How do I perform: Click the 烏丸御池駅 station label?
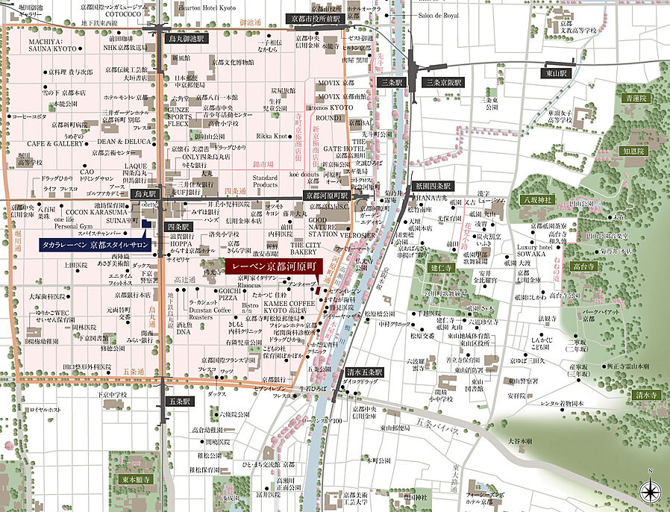(187, 37)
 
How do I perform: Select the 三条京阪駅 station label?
(442, 82)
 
